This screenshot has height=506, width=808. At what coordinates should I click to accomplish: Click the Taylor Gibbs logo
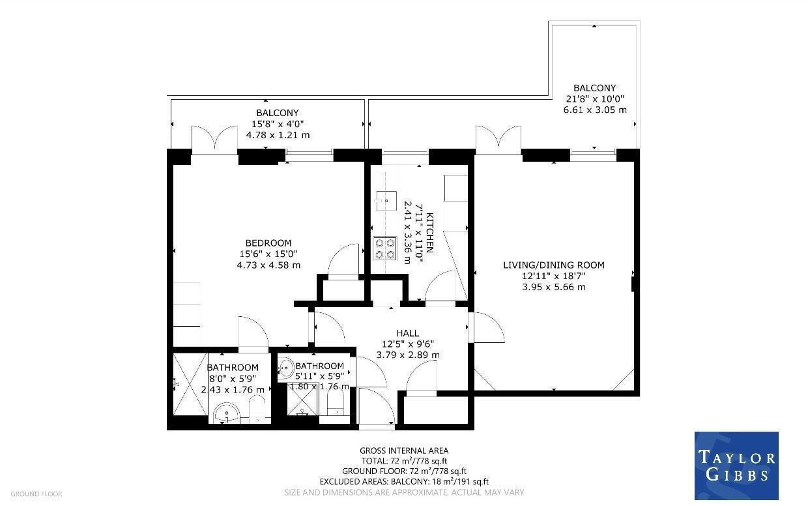pos(736,466)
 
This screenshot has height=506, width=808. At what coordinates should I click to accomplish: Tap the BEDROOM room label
pos(268,243)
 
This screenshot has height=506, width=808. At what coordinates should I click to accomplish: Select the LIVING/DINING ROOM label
pos(553,265)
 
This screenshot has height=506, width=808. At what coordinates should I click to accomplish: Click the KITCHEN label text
pos(429,233)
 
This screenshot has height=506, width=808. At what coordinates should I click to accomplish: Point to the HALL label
pos(407,333)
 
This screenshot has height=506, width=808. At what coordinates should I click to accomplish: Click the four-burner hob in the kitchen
pos(384,248)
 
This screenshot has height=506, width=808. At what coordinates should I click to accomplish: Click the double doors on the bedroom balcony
pos(214,140)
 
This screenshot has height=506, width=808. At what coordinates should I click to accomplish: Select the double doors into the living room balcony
pos(498,140)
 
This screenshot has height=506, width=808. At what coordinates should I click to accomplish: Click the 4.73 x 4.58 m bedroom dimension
pos(268,265)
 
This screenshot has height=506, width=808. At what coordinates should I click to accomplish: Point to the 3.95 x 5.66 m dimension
pos(553,286)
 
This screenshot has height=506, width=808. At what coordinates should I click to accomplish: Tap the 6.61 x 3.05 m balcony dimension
pos(594,110)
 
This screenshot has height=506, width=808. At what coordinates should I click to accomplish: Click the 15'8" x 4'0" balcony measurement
pos(277,124)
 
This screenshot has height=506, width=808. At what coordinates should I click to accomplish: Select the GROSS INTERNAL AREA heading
pos(404,451)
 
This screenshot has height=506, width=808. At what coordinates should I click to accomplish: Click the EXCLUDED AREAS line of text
pos(404,482)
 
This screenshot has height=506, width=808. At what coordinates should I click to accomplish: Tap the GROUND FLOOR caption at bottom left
pos(36,494)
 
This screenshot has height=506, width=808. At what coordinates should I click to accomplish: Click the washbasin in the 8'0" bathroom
pos(227,413)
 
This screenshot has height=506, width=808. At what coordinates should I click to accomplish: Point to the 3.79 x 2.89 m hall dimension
pos(408,355)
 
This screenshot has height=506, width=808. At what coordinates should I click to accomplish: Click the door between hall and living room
pos(487,327)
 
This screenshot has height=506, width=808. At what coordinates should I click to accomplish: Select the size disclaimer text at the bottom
pos(404,492)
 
